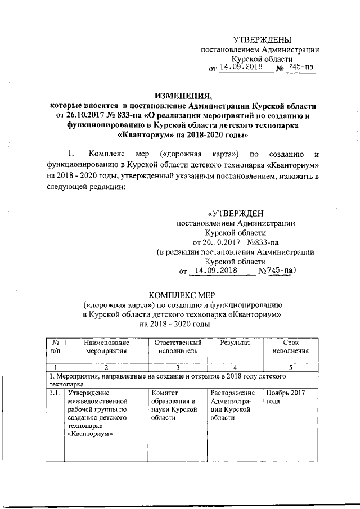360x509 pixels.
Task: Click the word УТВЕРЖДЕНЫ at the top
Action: coord(263,39)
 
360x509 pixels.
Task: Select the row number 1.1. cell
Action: coord(55,393)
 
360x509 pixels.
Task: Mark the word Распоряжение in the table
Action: coord(233,393)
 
